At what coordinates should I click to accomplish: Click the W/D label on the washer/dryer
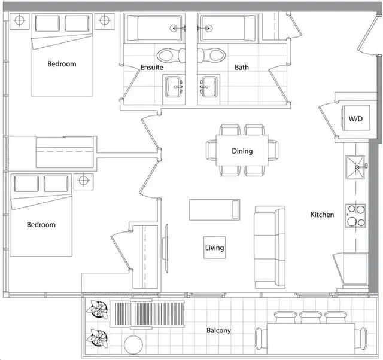pyautogui.click(x=355, y=119)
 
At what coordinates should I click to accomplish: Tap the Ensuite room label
pyautogui.click(x=151, y=67)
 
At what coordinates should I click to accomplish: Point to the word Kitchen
pyautogui.click(x=322, y=215)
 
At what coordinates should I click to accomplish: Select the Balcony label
pyautogui.click(x=218, y=331)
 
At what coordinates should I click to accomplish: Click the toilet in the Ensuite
pyautogui.click(x=171, y=55)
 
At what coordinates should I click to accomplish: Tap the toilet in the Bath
pyautogui.click(x=211, y=55)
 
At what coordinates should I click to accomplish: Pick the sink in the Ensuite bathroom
pyautogui.click(x=174, y=87)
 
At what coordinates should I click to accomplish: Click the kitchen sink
pyautogui.click(x=355, y=167)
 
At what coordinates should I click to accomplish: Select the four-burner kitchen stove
pyautogui.click(x=355, y=215)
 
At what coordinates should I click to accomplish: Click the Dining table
pyautogui.click(x=242, y=150)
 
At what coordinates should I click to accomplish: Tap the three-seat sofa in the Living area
pyautogui.click(x=270, y=247)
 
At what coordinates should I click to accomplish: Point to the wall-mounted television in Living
pyautogui.click(x=166, y=248)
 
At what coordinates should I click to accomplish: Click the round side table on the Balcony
pyautogui.click(x=133, y=345)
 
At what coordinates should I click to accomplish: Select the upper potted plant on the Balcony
pyautogui.click(x=97, y=310)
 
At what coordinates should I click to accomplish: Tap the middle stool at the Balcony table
pyautogui.click(x=310, y=318)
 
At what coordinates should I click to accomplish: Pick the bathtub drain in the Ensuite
pyautogui.click(x=174, y=28)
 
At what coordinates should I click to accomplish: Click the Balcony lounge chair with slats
pyautogui.click(x=147, y=315)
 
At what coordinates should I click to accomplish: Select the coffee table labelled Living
pyautogui.click(x=215, y=248)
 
